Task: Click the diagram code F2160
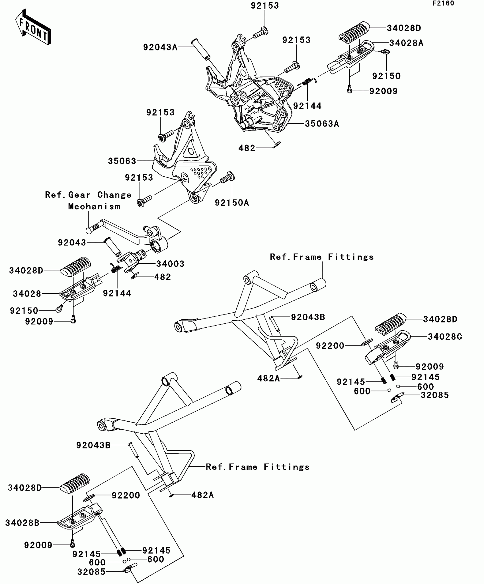pyautogui.click(x=443, y=4)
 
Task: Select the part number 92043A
pyautogui.click(x=160, y=47)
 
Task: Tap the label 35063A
pyautogui.click(x=322, y=124)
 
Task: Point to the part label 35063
pyautogui.click(x=122, y=161)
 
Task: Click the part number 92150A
pyautogui.click(x=232, y=203)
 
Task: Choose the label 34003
pyautogui.click(x=170, y=264)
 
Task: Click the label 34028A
pyautogui.click(x=406, y=43)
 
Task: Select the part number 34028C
pyautogui.click(x=445, y=336)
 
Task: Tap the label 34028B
pyautogui.click(x=22, y=523)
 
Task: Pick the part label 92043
pyautogui.click(x=72, y=242)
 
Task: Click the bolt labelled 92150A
pyautogui.click(x=227, y=178)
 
